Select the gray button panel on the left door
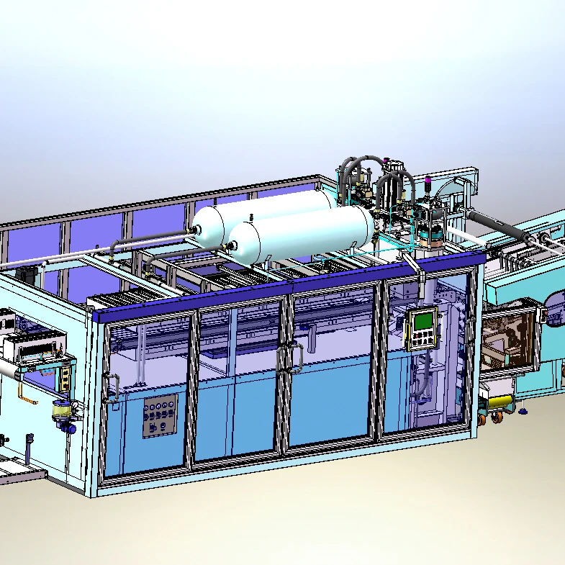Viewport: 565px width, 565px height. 160,416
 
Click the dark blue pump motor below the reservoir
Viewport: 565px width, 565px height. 69,427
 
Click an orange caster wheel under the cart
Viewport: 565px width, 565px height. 496,416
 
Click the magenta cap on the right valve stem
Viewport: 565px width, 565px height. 429,181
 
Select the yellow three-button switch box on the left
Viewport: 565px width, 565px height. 66,375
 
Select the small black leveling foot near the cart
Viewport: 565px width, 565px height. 523,412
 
